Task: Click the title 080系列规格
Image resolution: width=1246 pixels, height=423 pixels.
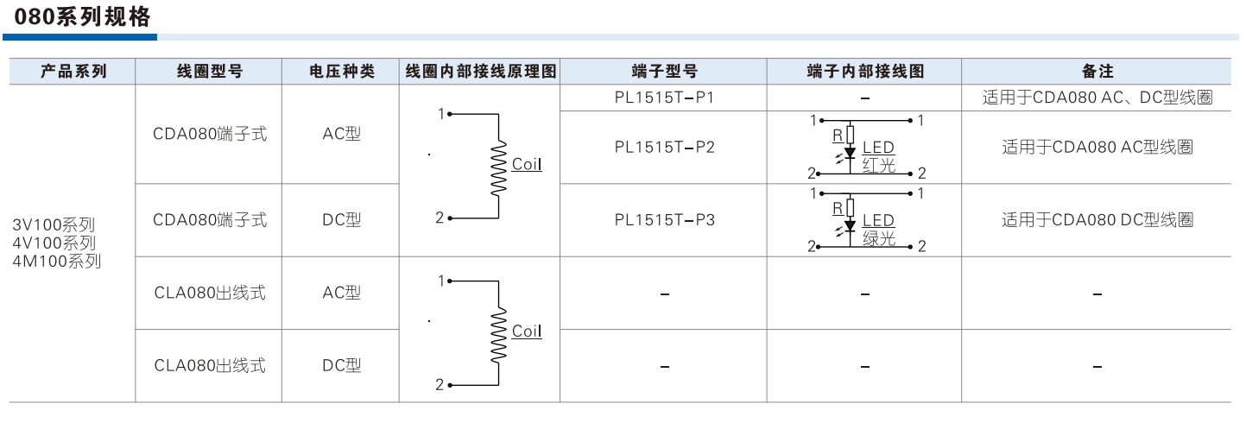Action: click(x=83, y=18)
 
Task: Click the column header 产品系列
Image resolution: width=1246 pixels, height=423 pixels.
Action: click(x=73, y=72)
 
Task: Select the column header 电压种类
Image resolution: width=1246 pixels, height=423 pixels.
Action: click(x=341, y=72)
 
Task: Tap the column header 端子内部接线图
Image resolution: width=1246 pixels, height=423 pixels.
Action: click(x=864, y=72)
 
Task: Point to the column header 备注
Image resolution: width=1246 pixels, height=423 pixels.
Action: click(x=1097, y=72)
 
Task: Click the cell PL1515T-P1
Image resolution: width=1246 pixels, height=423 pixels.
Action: click(x=664, y=98)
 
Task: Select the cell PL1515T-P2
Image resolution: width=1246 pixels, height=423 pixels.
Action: click(x=664, y=148)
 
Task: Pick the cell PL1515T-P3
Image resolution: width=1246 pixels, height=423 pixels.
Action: click(x=664, y=220)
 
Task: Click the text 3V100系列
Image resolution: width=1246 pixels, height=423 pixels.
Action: click(x=54, y=224)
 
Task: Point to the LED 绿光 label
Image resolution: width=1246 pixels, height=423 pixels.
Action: click(x=878, y=230)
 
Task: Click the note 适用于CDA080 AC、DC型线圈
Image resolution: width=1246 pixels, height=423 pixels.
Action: click(x=1097, y=98)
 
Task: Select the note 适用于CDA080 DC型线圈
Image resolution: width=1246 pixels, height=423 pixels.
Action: click(x=1097, y=220)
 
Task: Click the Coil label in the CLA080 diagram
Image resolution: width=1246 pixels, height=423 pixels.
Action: click(x=527, y=331)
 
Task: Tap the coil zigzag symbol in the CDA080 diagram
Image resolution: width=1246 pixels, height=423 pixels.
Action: click(x=498, y=164)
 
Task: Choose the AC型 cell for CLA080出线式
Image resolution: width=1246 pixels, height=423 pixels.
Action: click(x=341, y=294)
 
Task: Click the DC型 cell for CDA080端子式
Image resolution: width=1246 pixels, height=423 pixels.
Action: click(x=341, y=220)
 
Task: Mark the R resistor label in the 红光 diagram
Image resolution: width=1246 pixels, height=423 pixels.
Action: click(x=837, y=135)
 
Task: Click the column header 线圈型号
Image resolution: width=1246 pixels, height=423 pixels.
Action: click(x=209, y=72)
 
